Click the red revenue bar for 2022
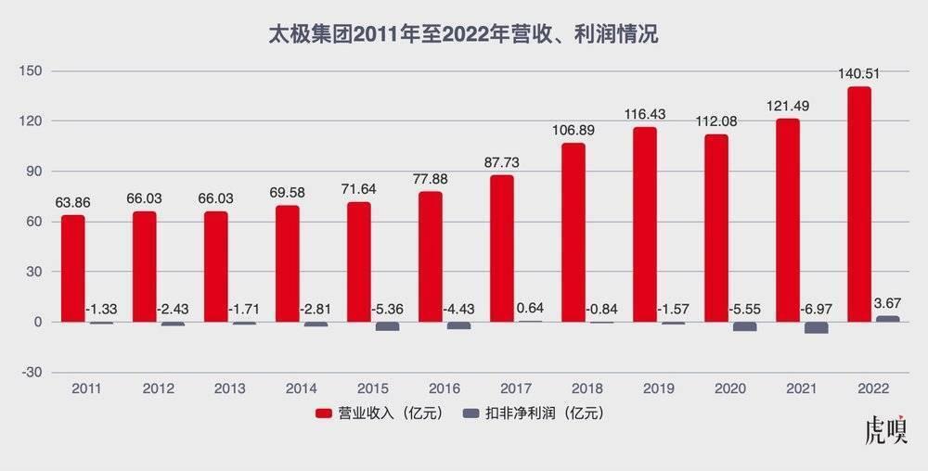[859, 204]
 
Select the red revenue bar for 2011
[73, 269]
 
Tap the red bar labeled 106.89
[574, 233]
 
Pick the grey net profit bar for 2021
[816, 328]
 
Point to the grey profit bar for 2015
[387, 326]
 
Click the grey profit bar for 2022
[887, 319]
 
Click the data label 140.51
[859, 75]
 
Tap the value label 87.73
[502, 162]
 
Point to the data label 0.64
[530, 308]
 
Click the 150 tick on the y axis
[33, 71]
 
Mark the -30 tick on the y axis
[33, 372]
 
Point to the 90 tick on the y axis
[35, 172]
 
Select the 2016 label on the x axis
[445, 388]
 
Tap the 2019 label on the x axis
[659, 388]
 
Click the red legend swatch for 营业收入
[323, 414]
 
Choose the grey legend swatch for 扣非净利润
[470, 414]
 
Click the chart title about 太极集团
[463, 34]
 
